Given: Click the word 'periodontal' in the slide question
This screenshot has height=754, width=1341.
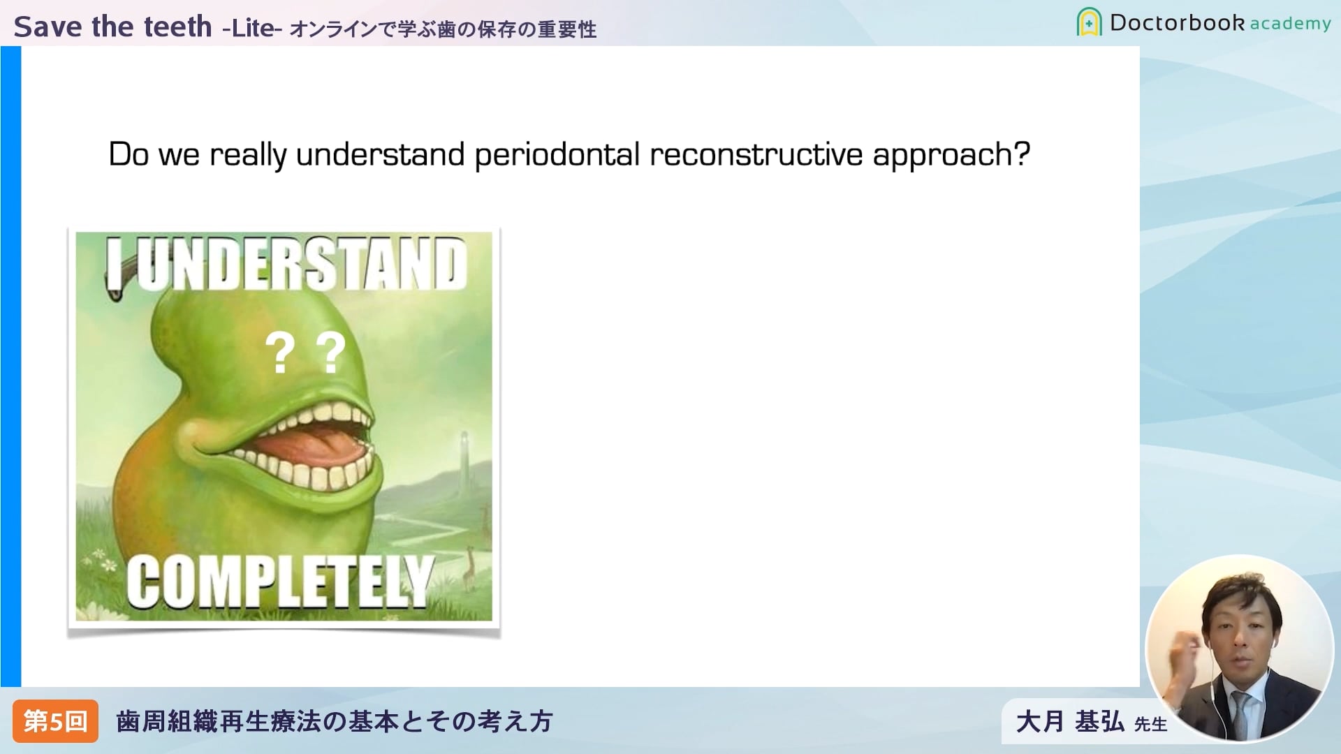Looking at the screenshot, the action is [x=557, y=155].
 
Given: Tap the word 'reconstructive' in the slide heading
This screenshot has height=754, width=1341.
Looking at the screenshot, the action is [x=756, y=154].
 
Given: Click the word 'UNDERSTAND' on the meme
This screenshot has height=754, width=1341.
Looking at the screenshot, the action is [x=301, y=264].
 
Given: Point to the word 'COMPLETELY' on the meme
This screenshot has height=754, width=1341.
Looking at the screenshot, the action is [x=280, y=581].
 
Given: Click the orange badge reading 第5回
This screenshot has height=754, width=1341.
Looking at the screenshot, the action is [x=55, y=721].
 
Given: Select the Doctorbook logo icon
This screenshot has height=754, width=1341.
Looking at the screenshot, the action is [x=1089, y=22].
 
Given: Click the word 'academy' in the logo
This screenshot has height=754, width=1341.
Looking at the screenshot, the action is [x=1290, y=24].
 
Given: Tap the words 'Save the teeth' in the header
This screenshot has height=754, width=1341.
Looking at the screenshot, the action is [x=113, y=27].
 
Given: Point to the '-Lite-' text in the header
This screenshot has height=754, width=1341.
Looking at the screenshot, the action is [x=251, y=28].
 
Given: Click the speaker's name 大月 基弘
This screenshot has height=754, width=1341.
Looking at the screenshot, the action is [x=1070, y=722].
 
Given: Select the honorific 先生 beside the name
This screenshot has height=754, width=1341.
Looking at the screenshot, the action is [x=1151, y=725].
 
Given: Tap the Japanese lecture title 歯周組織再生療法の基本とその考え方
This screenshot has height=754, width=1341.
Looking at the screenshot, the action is [x=335, y=721].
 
